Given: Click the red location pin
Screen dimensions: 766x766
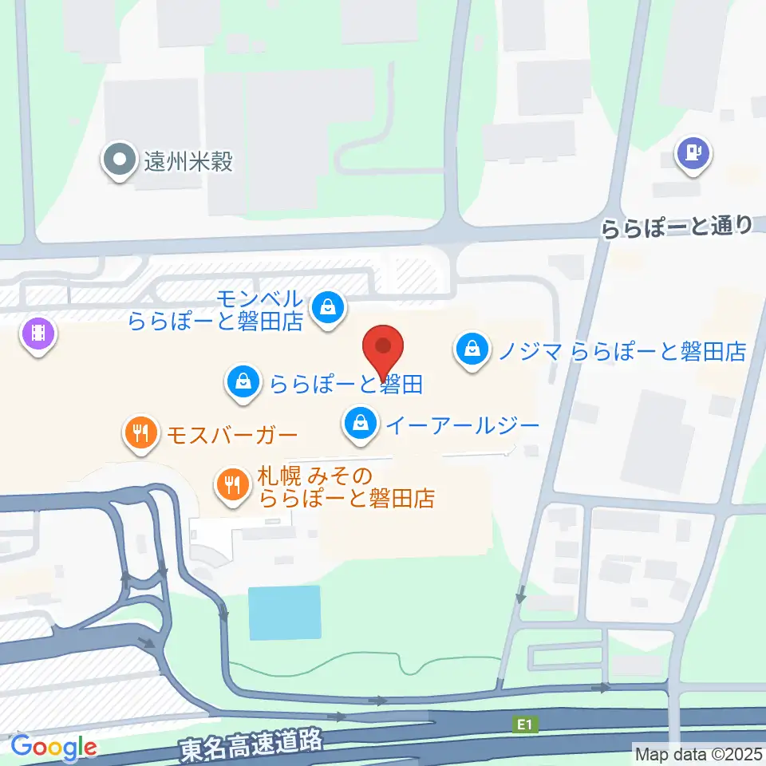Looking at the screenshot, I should (x=383, y=351).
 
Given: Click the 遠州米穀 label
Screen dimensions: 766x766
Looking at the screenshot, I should (x=188, y=162).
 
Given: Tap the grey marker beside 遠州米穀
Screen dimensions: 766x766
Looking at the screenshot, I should (x=120, y=160).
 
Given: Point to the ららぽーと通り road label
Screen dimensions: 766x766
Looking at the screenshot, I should (x=676, y=229).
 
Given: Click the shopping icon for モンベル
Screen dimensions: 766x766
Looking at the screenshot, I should (x=327, y=305).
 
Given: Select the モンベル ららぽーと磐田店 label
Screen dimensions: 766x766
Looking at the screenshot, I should (x=216, y=310).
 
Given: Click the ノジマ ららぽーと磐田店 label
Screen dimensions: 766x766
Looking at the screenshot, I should (x=622, y=350).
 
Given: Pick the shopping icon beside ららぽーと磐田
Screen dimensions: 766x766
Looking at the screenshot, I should (x=243, y=383).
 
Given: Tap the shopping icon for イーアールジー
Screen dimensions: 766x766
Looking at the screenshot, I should (x=361, y=422).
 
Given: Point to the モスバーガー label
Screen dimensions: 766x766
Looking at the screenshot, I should (x=231, y=435).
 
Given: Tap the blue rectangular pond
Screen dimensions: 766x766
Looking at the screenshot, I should (x=285, y=612).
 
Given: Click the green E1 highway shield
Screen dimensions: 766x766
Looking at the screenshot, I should (x=523, y=725).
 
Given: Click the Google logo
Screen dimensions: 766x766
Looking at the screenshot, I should (x=53, y=747).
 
